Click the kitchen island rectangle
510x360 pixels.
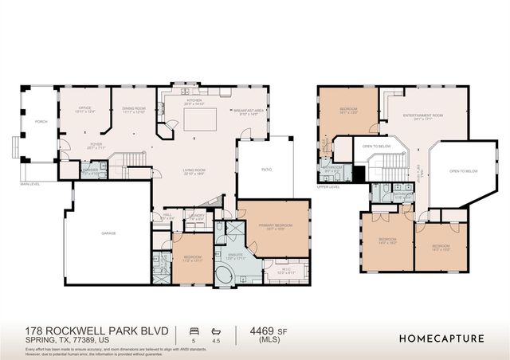pos(202,120)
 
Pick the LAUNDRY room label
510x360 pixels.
pos(196,216)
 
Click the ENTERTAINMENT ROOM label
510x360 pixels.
pos(422,116)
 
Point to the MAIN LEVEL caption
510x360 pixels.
pos(30,184)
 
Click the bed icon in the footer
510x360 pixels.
pos(191,329)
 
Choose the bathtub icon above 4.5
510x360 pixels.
pos(215,329)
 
